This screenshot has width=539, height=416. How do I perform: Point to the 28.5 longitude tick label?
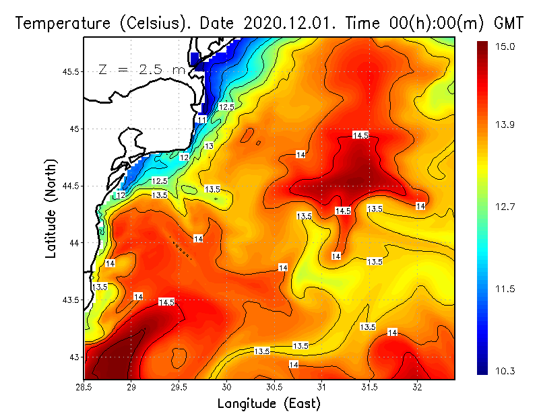click(85, 387)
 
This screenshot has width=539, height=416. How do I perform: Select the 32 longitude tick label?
click(418, 387)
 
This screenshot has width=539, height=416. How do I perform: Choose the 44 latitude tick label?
click(73, 242)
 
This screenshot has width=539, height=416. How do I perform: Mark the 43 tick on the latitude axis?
click(73, 357)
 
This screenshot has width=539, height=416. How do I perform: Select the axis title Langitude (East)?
click(269, 403)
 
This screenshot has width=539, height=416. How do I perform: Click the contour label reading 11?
click(202, 120)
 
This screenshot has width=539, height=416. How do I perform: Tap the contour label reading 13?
click(210, 146)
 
